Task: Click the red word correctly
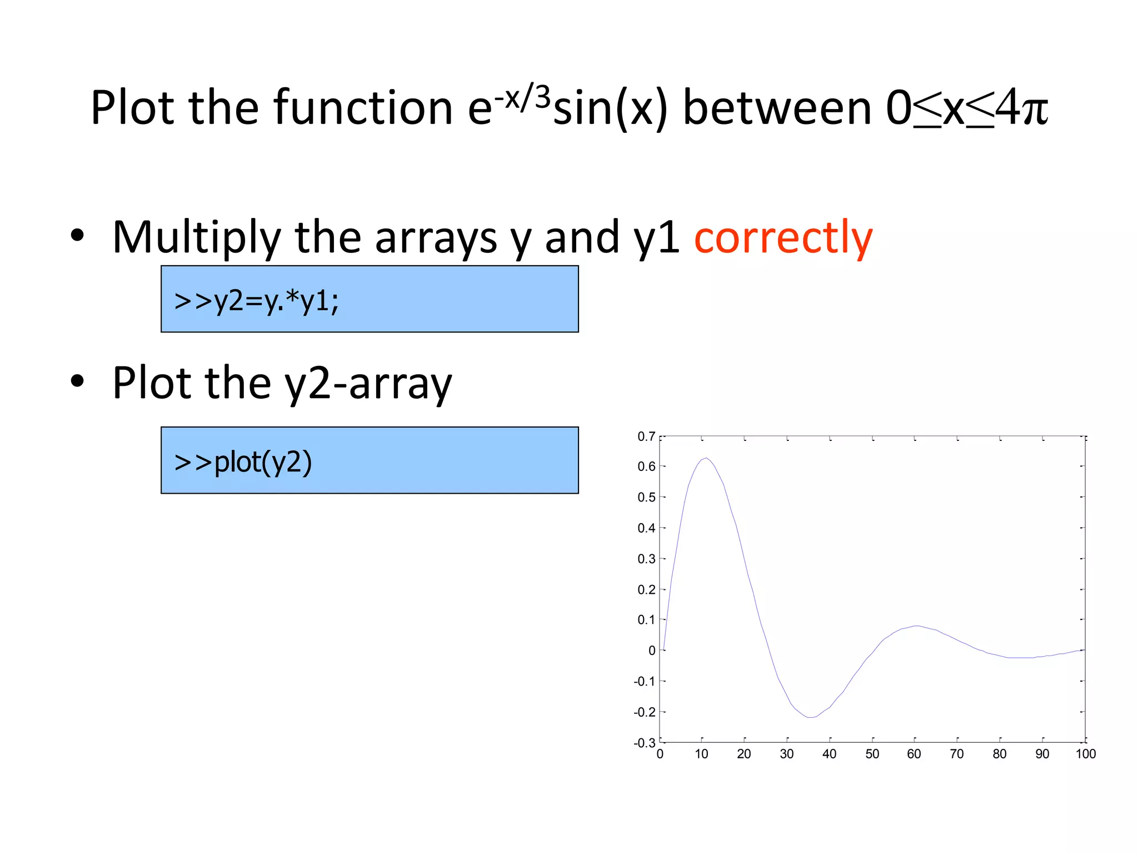(x=783, y=238)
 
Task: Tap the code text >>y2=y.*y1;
(x=256, y=301)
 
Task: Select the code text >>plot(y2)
(x=243, y=462)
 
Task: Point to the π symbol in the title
(x=1035, y=109)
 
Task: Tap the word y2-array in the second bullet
(x=368, y=384)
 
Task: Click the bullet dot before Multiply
(x=77, y=236)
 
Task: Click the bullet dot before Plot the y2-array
(x=77, y=381)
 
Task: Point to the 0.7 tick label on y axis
(x=646, y=436)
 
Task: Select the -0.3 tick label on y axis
(x=645, y=743)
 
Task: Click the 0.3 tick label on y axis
(x=646, y=559)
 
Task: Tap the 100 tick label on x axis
(x=1085, y=754)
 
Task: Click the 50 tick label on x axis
(x=872, y=754)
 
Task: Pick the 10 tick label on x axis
(x=701, y=754)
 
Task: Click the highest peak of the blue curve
(x=706, y=458)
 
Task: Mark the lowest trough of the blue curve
(x=811, y=717)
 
